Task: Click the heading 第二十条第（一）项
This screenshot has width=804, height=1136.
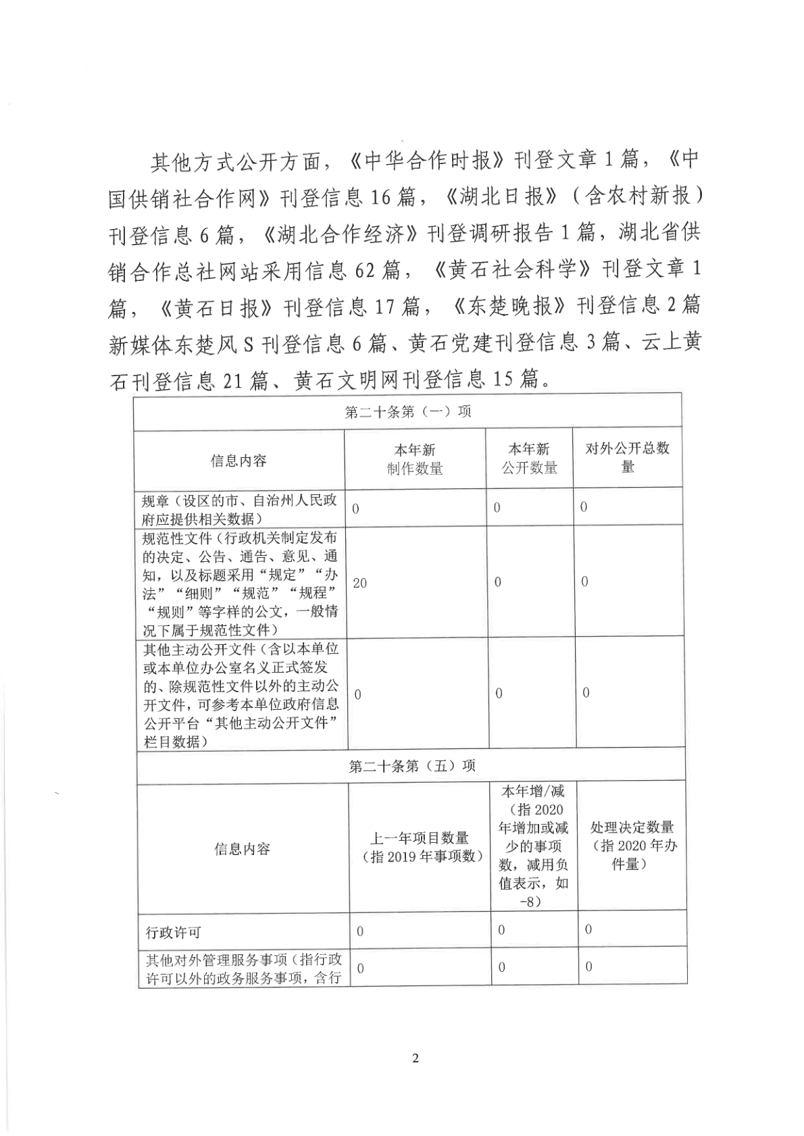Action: (x=407, y=412)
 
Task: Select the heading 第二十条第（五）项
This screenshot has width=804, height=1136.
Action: (x=411, y=766)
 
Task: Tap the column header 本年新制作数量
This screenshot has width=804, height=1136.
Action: (x=415, y=459)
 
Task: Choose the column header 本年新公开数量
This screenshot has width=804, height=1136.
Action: (x=529, y=459)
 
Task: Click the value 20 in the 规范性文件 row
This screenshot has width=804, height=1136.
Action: (x=359, y=583)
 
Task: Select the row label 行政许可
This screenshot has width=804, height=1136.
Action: (x=174, y=933)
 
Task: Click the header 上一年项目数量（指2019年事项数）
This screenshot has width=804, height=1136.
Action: (x=419, y=847)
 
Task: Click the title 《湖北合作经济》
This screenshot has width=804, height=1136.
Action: (x=339, y=234)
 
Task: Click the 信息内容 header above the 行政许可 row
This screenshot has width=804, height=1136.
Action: (x=242, y=848)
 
